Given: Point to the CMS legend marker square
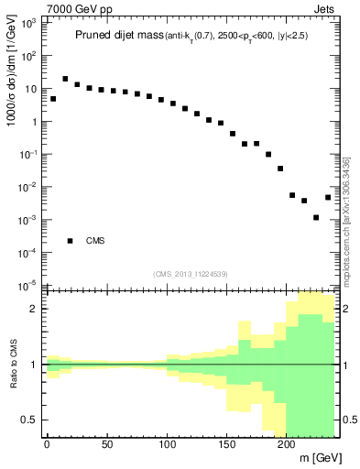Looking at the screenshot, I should [71, 241].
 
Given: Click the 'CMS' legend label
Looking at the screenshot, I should [96, 241].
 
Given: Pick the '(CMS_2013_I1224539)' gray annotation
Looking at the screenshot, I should [191, 274].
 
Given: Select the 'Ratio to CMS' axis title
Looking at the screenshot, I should [12, 365].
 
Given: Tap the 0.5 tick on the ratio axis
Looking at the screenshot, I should [29, 420].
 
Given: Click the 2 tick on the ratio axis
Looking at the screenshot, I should [34, 310].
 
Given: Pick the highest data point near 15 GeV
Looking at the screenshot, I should [65, 80].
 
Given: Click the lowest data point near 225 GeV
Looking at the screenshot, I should [316, 218].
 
